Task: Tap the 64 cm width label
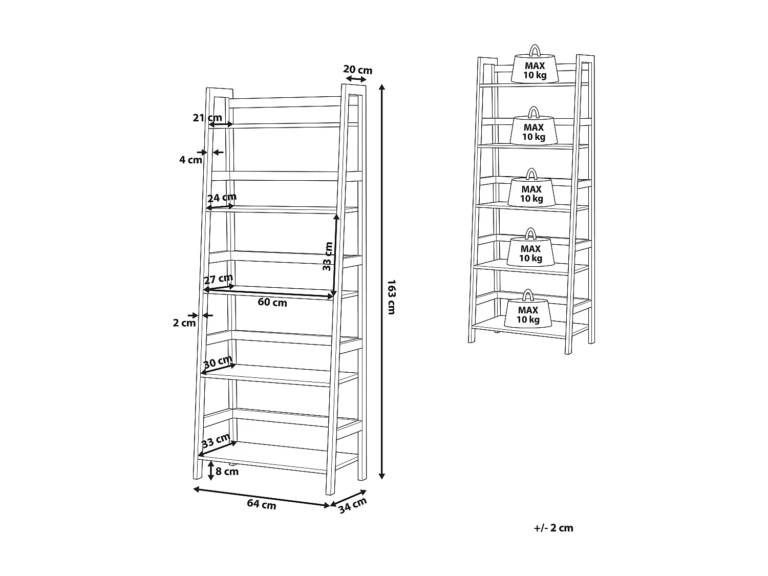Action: point(261,504)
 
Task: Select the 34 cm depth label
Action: point(353,505)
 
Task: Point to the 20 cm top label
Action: point(357,70)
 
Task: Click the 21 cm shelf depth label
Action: point(207,118)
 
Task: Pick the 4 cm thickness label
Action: point(190,160)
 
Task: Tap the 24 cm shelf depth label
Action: point(222,197)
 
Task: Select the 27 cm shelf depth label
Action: point(218,279)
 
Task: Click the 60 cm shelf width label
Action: point(272,302)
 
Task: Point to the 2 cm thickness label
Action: point(184,323)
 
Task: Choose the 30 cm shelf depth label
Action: point(218,362)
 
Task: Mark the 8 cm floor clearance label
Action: point(227,472)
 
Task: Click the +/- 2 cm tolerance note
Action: point(553,528)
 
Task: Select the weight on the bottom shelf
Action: point(528,311)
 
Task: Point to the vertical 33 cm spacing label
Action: point(328,256)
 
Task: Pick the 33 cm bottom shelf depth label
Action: point(216,440)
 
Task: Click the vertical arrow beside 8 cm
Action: point(210,471)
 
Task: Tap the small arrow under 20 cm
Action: point(356,79)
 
